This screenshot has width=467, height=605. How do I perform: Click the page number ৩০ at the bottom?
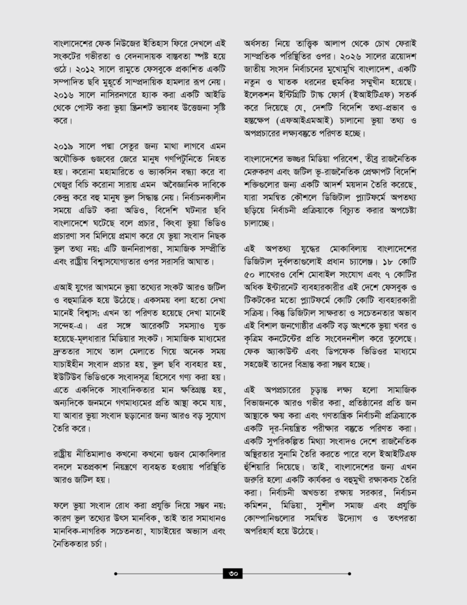coord(233,573)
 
